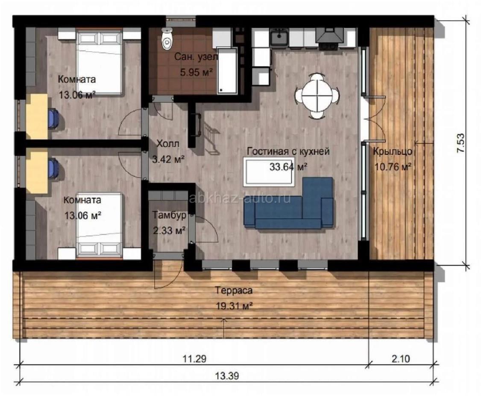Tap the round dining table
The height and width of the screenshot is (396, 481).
pyautogui.click(x=317, y=96)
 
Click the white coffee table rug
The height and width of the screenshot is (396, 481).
pyautogui.click(x=268, y=172)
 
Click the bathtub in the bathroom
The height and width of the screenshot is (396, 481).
pyautogui.click(x=227, y=70)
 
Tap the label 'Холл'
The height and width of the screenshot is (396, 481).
pyautogui.click(x=168, y=143)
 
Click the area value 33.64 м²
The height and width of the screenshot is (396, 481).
pyautogui.click(x=288, y=167)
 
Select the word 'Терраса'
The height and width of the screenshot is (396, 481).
pyautogui.click(x=234, y=290)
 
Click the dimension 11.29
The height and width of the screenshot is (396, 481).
pyautogui.click(x=194, y=358)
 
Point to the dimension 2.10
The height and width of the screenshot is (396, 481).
pyautogui.click(x=400, y=358)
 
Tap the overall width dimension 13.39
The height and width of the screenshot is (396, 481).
pyautogui.click(x=227, y=376)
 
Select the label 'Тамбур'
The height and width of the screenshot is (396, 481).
pyautogui.click(x=169, y=215)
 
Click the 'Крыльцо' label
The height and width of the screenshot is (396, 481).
pyautogui.click(x=393, y=151)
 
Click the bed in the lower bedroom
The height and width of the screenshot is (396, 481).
pyautogui.click(x=100, y=226)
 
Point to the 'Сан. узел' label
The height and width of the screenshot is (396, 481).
pyautogui.click(x=196, y=57)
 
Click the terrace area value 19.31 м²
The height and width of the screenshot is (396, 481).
pyautogui.click(x=235, y=306)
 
